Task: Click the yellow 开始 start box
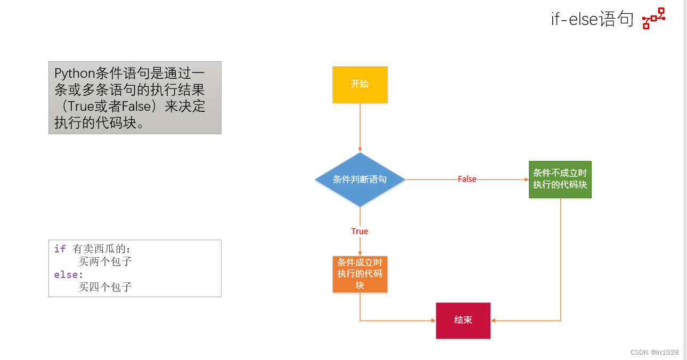click(x=360, y=84)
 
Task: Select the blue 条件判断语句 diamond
click(x=359, y=179)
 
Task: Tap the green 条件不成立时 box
click(x=560, y=179)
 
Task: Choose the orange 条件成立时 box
click(x=360, y=274)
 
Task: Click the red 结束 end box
click(x=463, y=321)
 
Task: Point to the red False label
click(x=467, y=179)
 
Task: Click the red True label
click(x=359, y=231)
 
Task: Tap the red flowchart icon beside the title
click(x=653, y=18)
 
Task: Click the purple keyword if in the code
click(x=60, y=249)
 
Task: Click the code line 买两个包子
click(x=105, y=261)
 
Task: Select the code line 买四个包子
click(x=105, y=287)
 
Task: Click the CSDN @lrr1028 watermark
click(x=654, y=353)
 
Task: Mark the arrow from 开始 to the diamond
click(x=360, y=128)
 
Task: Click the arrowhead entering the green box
click(x=526, y=179)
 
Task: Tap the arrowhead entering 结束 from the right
click(x=494, y=321)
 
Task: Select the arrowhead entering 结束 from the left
click(x=432, y=321)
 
